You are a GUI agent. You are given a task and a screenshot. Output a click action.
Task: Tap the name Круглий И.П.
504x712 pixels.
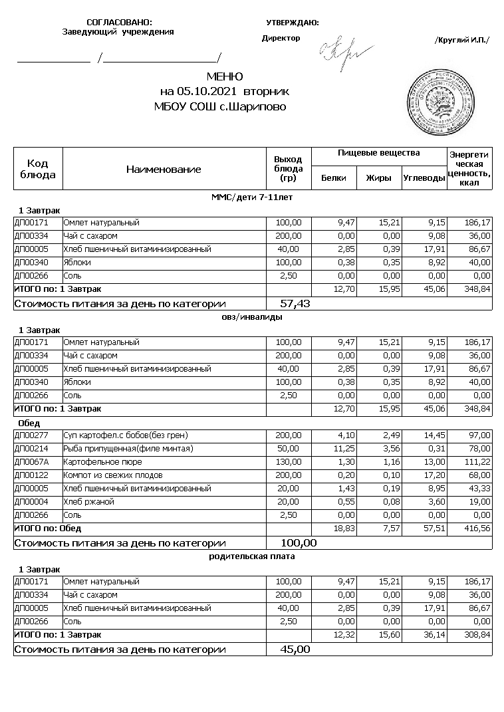[x=461, y=40]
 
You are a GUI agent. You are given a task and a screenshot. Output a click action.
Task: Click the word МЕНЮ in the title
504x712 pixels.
[x=224, y=77]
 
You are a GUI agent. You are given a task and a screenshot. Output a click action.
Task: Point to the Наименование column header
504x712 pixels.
[x=164, y=170]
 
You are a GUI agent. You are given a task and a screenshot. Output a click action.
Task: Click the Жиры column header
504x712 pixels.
[x=378, y=178]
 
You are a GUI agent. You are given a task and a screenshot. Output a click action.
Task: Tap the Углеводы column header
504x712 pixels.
[x=423, y=178]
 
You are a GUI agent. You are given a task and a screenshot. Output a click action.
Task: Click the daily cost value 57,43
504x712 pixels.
[x=296, y=304]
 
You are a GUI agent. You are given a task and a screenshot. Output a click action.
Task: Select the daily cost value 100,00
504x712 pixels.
[x=299, y=543]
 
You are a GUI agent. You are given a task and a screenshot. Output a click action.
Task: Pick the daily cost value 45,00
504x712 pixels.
[x=296, y=650]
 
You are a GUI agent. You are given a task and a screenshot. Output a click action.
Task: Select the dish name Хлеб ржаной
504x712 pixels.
[x=88, y=502]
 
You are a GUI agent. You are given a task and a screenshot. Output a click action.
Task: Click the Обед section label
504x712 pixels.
[x=29, y=423]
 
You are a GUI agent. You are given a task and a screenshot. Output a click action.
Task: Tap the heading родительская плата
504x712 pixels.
[x=252, y=556]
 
